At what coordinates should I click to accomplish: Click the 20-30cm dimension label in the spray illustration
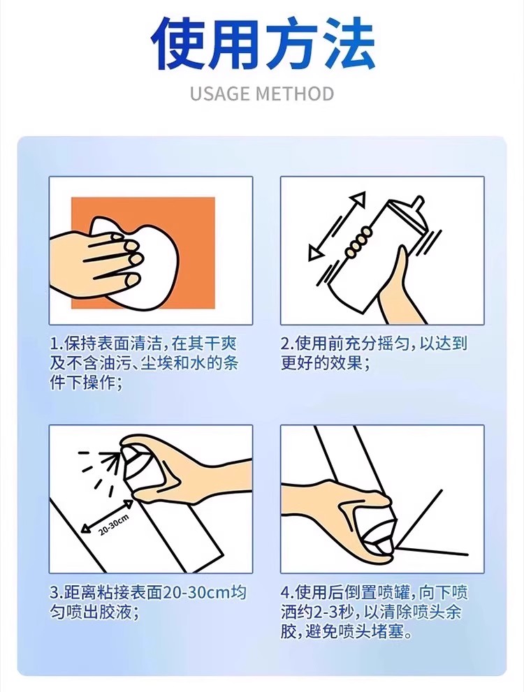[x=113, y=524]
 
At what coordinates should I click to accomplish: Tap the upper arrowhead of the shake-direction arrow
[x=358, y=200]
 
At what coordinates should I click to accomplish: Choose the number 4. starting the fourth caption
[x=289, y=593]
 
